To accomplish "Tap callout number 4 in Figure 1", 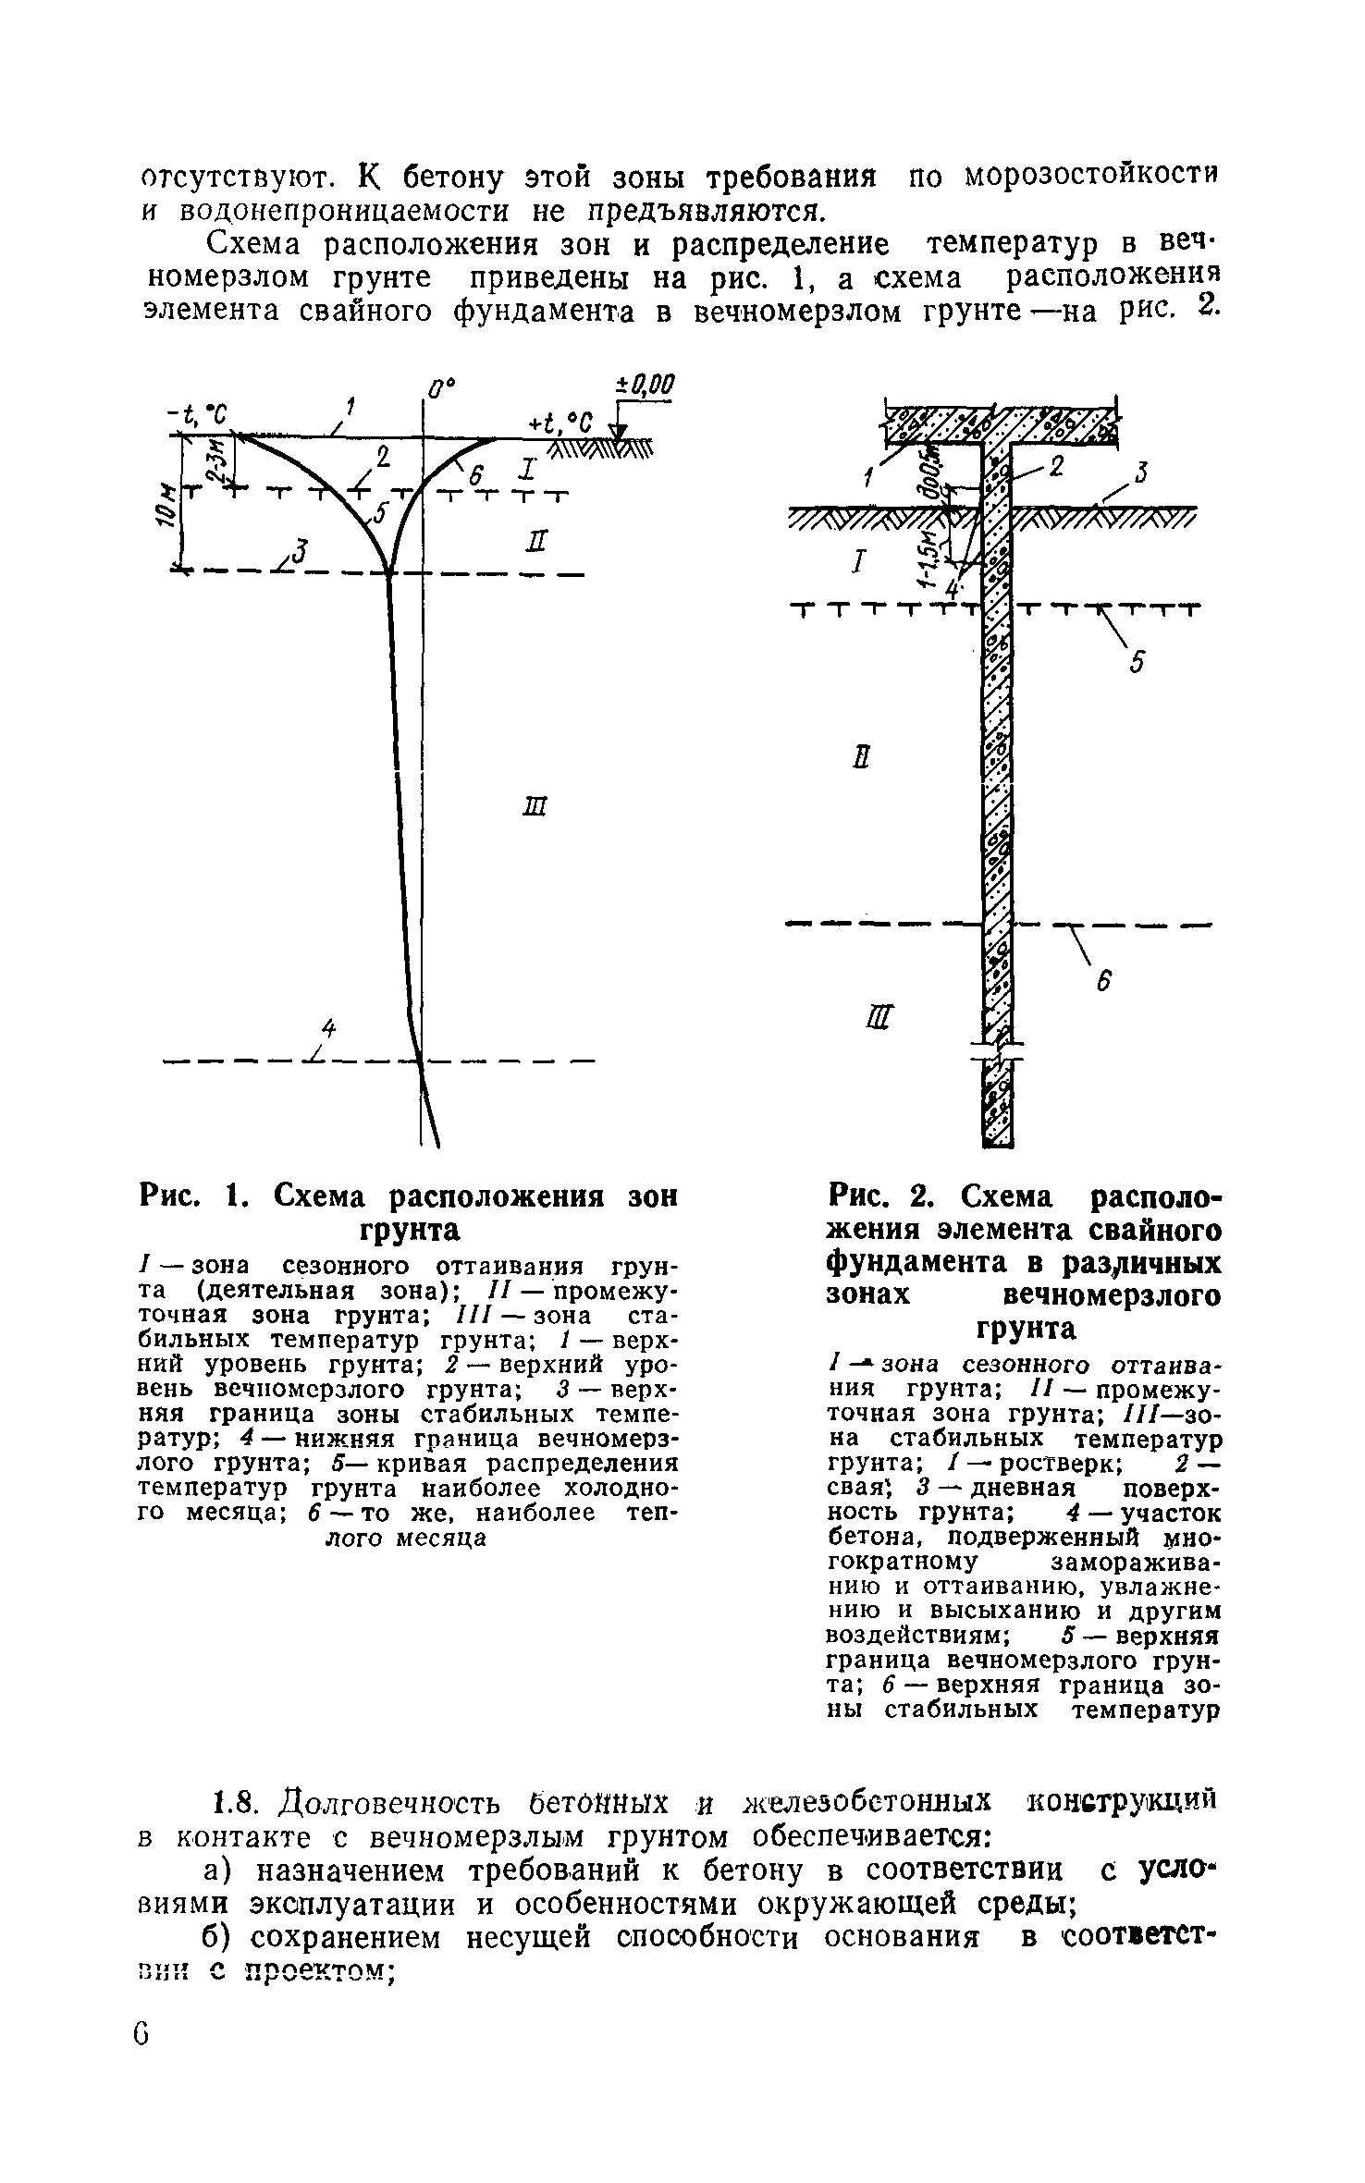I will [326, 1026].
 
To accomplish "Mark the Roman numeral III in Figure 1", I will [536, 807].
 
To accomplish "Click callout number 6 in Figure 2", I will [1103, 986].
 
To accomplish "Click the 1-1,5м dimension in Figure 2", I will [928, 556].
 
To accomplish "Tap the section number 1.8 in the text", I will [231, 1801].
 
